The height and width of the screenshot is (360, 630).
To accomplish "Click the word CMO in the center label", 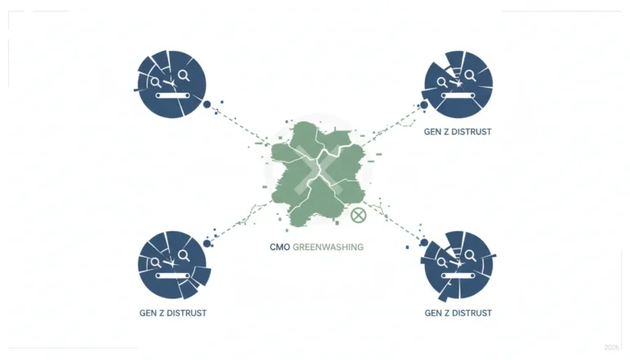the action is pyautogui.click(x=280, y=247).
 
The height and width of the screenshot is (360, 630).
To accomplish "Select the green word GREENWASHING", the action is pyautogui.click(x=328, y=247).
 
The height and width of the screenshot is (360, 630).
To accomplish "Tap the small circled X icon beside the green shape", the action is pyautogui.click(x=358, y=216).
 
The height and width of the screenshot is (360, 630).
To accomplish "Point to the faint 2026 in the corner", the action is pyautogui.click(x=611, y=347).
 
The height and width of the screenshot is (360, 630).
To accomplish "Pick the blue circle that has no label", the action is pyautogui.click(x=171, y=84).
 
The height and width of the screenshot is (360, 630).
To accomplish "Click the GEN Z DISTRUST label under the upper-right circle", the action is pyautogui.click(x=458, y=132).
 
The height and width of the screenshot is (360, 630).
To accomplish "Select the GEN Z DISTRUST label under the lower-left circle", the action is pyautogui.click(x=173, y=313).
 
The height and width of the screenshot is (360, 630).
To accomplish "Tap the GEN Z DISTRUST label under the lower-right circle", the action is pyautogui.click(x=458, y=313).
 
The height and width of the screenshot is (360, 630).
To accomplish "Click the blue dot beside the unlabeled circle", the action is pyautogui.click(x=207, y=104).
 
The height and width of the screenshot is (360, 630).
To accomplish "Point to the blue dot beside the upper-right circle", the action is pyautogui.click(x=424, y=105).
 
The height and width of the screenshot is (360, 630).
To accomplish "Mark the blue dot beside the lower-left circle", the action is pyautogui.click(x=207, y=244).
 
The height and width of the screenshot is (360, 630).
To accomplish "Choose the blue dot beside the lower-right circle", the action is pyautogui.click(x=424, y=243).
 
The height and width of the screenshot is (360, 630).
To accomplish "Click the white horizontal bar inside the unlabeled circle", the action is pyautogui.click(x=173, y=96).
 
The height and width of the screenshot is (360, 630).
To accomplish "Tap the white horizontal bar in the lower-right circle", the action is pyautogui.click(x=459, y=276).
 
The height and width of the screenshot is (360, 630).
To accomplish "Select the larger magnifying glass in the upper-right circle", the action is pyautogui.click(x=470, y=75).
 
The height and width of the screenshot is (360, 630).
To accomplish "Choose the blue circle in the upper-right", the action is pyautogui.click(x=458, y=84).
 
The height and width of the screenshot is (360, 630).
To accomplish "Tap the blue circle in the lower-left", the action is pyautogui.click(x=173, y=265).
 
